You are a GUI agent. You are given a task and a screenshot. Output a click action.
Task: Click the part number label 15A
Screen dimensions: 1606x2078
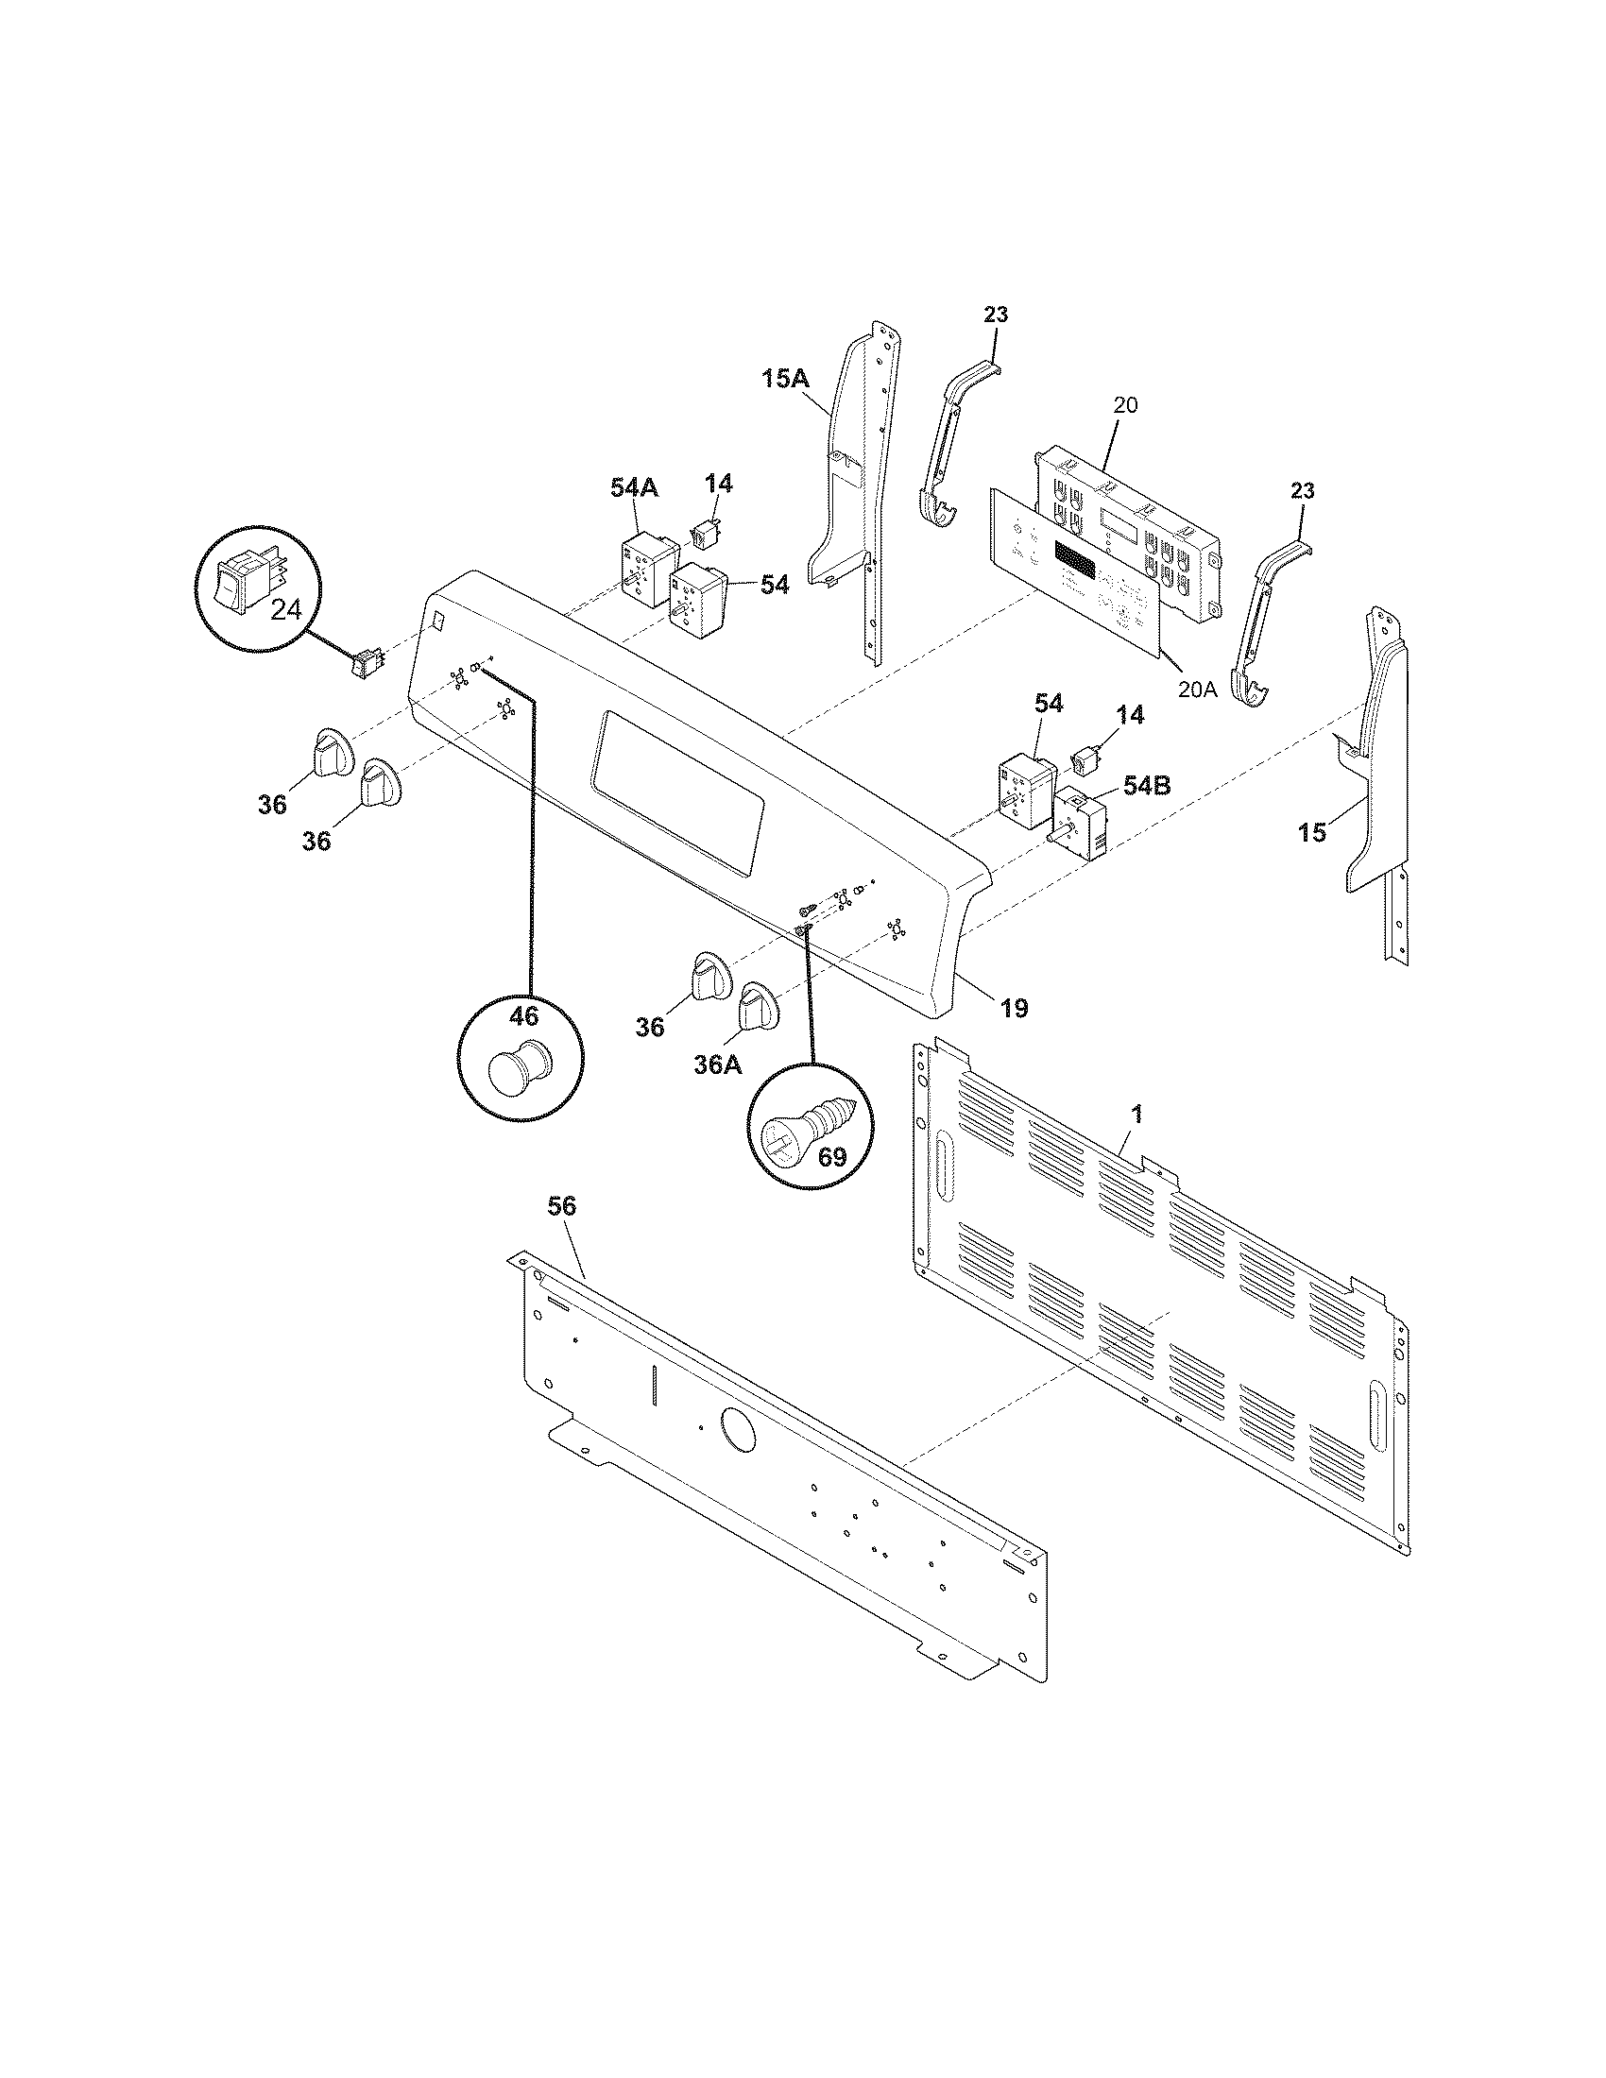785,378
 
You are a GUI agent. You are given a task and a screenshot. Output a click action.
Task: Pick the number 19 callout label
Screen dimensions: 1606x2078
1015,1008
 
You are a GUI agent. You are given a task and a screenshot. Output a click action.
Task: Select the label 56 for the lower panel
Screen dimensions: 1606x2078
561,1206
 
